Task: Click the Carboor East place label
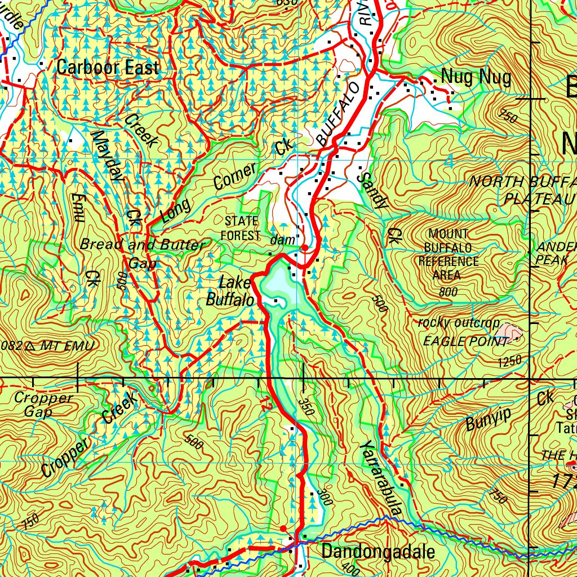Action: (108, 68)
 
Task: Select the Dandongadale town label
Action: (378, 552)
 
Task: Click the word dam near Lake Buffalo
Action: (282, 240)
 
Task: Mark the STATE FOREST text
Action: (241, 228)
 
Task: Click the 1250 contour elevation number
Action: (509, 361)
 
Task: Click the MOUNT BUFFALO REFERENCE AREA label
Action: (448, 255)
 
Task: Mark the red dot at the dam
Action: (305, 247)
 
